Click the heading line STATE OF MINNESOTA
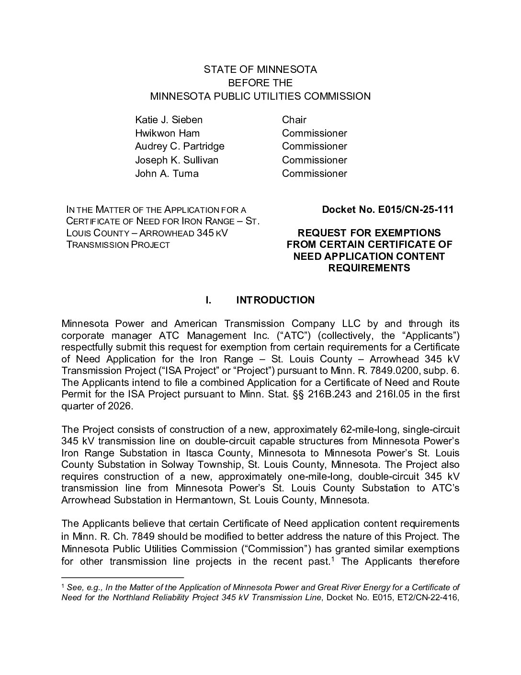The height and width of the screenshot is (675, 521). [x=260, y=70]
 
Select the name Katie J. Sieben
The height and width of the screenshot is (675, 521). [x=169, y=120]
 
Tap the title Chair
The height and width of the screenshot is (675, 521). [x=294, y=120]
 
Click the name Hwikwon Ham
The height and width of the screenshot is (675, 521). [x=167, y=133]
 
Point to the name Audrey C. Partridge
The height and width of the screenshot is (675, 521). [x=180, y=146]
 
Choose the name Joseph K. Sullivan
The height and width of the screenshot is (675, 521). [x=177, y=160]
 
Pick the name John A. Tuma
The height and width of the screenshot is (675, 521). [x=167, y=174]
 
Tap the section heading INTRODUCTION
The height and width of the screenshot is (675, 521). [x=275, y=300]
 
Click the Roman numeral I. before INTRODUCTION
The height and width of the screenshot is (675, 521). [x=208, y=300]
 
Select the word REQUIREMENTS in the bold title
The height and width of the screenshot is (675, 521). [x=369, y=268]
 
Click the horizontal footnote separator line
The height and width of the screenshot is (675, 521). [x=123, y=577]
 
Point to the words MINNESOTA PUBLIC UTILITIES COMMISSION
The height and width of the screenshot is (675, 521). [x=260, y=96]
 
